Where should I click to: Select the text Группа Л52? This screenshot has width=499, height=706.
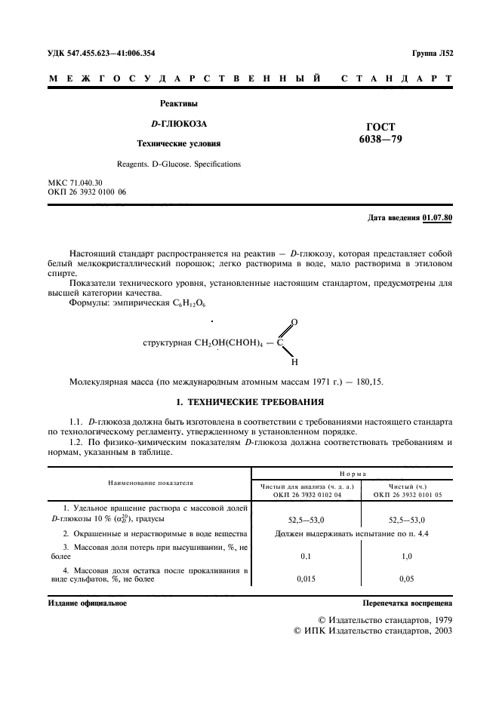tap(432, 54)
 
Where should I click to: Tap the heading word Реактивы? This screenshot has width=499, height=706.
tap(179, 103)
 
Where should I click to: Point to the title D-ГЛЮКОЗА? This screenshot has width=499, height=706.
tap(179, 123)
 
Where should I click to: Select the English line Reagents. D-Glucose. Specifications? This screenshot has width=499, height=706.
tap(179, 163)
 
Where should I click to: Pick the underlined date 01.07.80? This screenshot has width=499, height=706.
tap(438, 218)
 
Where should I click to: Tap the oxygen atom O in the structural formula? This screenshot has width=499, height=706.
tap(294, 323)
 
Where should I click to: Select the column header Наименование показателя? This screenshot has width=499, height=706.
tap(150, 481)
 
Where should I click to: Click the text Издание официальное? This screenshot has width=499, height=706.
tap(88, 603)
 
